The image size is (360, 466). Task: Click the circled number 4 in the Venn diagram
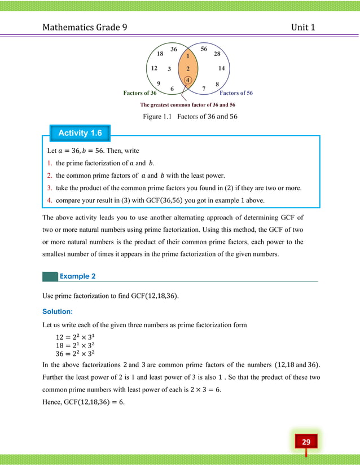click(x=188, y=80)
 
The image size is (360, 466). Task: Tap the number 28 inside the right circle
click(x=217, y=54)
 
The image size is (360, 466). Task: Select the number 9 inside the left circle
click(x=159, y=82)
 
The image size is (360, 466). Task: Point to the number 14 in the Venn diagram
click(x=221, y=68)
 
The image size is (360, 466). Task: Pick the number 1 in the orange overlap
click(x=187, y=56)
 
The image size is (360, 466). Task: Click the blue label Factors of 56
click(x=236, y=93)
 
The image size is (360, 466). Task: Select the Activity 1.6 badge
click(x=80, y=133)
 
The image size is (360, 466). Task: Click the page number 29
click(x=306, y=441)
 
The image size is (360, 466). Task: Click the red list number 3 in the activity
click(x=50, y=187)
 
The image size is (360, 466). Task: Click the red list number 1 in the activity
click(x=50, y=162)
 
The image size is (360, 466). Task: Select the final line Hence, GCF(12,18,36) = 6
click(x=84, y=402)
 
